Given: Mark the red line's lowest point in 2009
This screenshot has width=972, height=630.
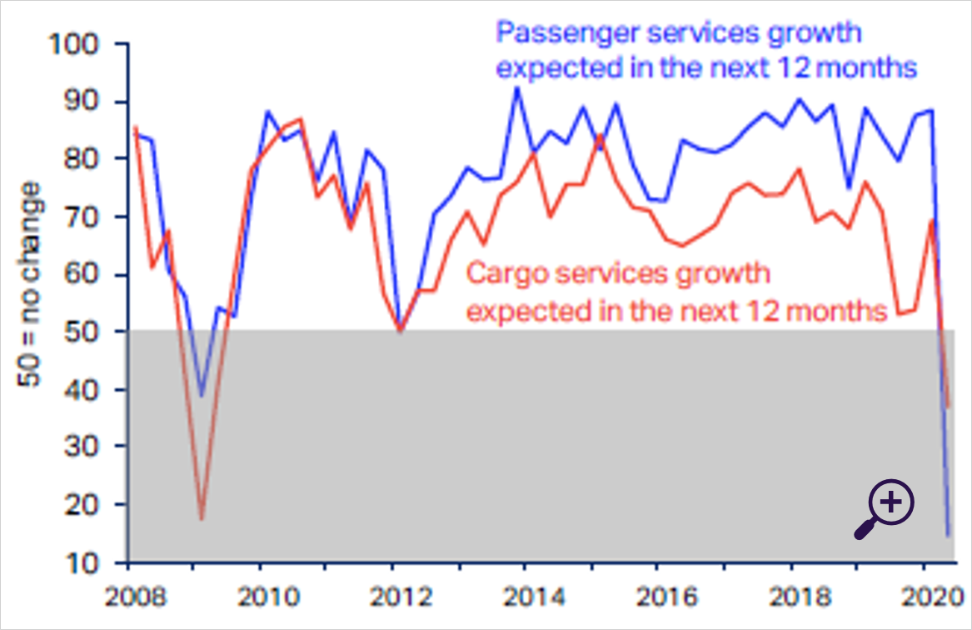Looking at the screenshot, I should (201, 519).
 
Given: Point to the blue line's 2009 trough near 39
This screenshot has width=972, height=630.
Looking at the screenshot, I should (201, 396).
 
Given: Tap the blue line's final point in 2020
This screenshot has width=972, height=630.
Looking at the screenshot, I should (948, 535).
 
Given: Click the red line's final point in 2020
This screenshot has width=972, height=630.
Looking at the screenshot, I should (948, 407).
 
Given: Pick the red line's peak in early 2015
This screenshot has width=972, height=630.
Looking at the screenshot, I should (600, 135).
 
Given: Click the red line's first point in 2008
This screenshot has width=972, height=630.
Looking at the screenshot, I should (134, 127).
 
